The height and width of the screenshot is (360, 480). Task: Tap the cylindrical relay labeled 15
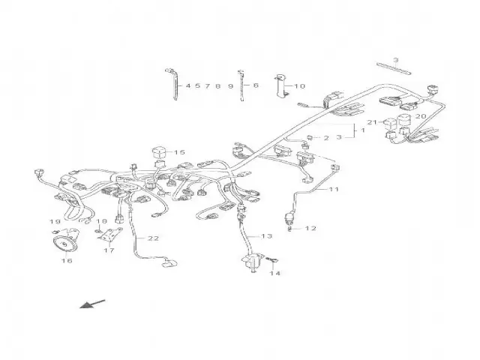coord(160,153)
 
